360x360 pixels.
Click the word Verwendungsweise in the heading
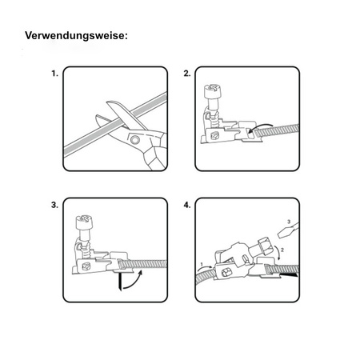click(76, 36)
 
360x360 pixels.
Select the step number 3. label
click(54, 206)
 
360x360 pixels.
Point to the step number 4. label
click(187, 206)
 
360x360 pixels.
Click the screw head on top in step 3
click(85, 219)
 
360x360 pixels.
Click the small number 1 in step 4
click(202, 262)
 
